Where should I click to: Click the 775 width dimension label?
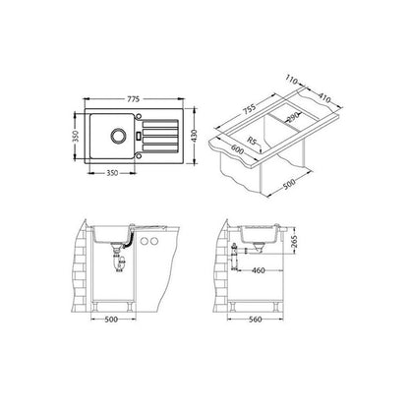pos(134,98)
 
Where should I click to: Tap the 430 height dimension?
pos(195,136)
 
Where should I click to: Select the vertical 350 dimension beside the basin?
pos(76,136)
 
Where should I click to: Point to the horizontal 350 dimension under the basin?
pos(112,173)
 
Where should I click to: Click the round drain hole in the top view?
pos(118,136)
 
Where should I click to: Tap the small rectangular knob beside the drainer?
pos(139,136)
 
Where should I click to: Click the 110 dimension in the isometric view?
pos(291,80)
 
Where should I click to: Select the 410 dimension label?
pos(324,97)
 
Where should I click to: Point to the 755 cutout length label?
pos(250,109)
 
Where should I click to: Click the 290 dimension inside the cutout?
pos(294,116)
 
